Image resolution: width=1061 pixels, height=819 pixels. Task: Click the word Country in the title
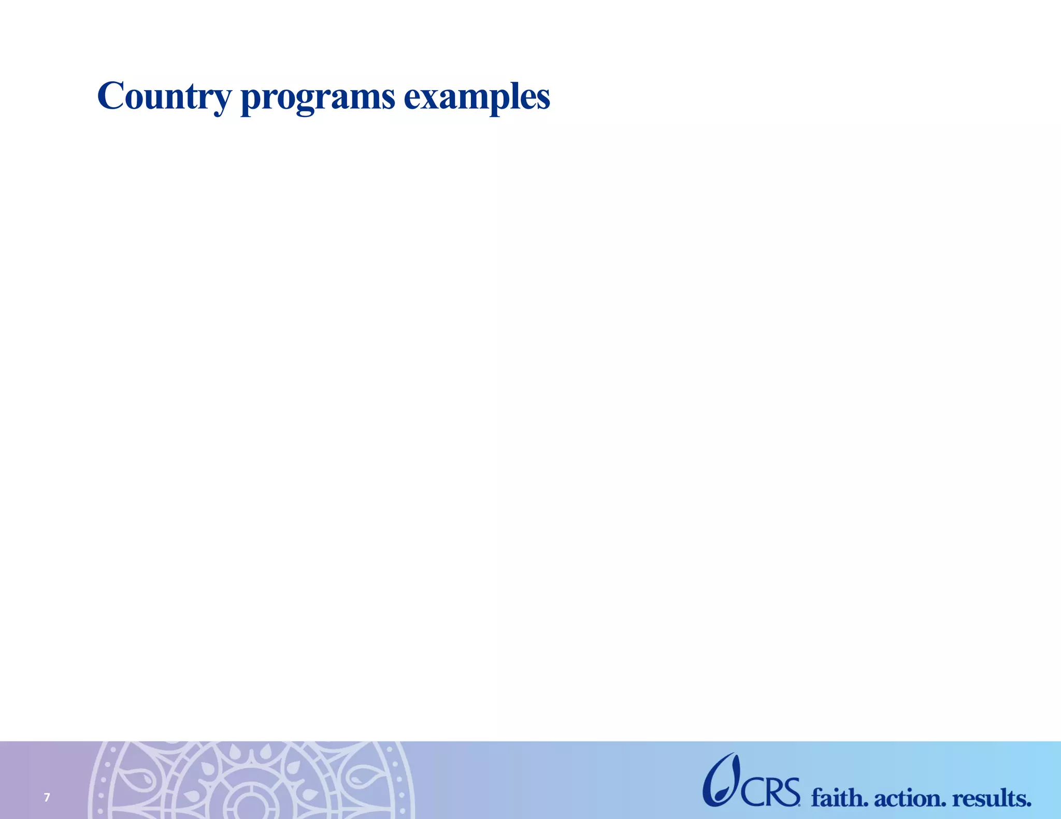(x=164, y=97)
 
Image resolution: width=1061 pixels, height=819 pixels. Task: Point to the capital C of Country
(x=111, y=96)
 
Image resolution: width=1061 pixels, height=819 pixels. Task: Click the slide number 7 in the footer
(x=47, y=797)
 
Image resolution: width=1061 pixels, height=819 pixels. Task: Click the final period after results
(x=1028, y=805)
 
